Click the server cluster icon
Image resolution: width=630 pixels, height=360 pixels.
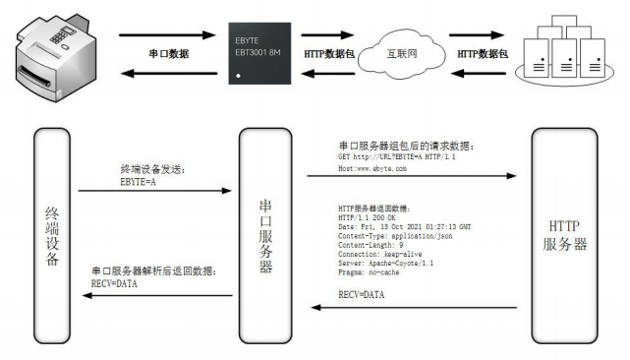coord(562,53)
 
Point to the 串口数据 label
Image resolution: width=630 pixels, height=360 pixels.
coord(168,54)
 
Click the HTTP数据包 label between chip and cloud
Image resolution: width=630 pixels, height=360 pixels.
coord(329,54)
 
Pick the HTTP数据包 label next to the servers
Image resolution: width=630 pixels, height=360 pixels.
coord(482,54)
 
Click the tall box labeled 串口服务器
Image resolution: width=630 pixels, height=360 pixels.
coord(264,235)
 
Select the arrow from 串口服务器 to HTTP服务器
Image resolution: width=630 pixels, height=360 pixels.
coord(413,177)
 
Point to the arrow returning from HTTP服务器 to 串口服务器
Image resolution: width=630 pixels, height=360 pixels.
coord(413,308)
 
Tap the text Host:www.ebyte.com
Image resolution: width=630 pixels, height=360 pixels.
coord(372,168)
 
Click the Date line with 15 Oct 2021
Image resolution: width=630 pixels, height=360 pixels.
coord(404,226)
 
